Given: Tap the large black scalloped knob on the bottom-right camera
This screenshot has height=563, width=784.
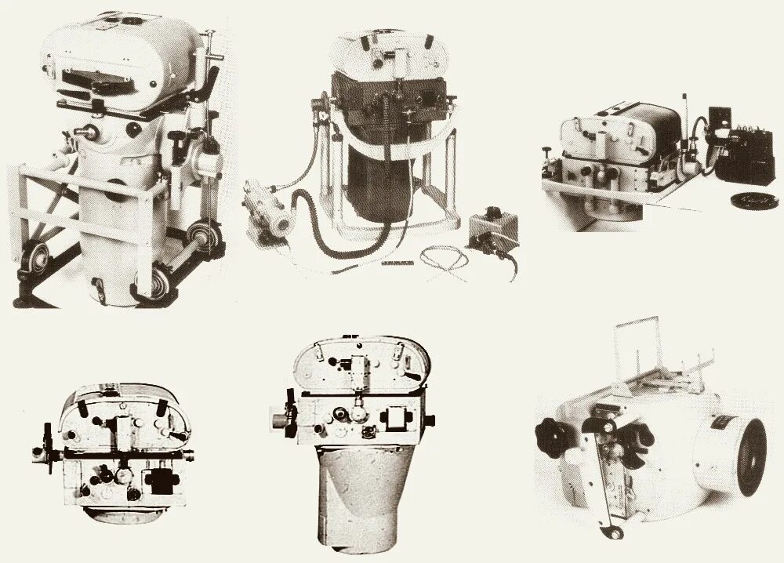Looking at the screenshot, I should click(x=557, y=438).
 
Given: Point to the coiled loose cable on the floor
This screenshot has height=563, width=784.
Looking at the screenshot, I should click(x=447, y=258).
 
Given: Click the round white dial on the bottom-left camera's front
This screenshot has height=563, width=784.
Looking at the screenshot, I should click(x=123, y=476).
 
